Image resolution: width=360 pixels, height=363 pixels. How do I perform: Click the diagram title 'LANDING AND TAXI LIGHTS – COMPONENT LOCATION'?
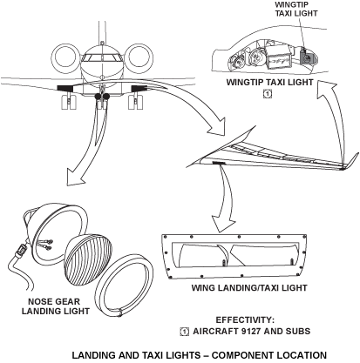click(x=199, y=354)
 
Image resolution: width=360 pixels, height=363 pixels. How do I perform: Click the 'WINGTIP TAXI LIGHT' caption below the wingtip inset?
click(x=270, y=82)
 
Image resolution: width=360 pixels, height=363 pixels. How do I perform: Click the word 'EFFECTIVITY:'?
click(x=249, y=319)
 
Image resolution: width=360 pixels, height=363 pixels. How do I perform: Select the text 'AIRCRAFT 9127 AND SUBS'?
click(x=258, y=332)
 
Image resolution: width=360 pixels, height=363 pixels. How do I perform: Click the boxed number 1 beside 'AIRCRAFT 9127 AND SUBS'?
click(x=184, y=332)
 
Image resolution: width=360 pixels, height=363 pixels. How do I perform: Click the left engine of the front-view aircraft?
click(x=66, y=59)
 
